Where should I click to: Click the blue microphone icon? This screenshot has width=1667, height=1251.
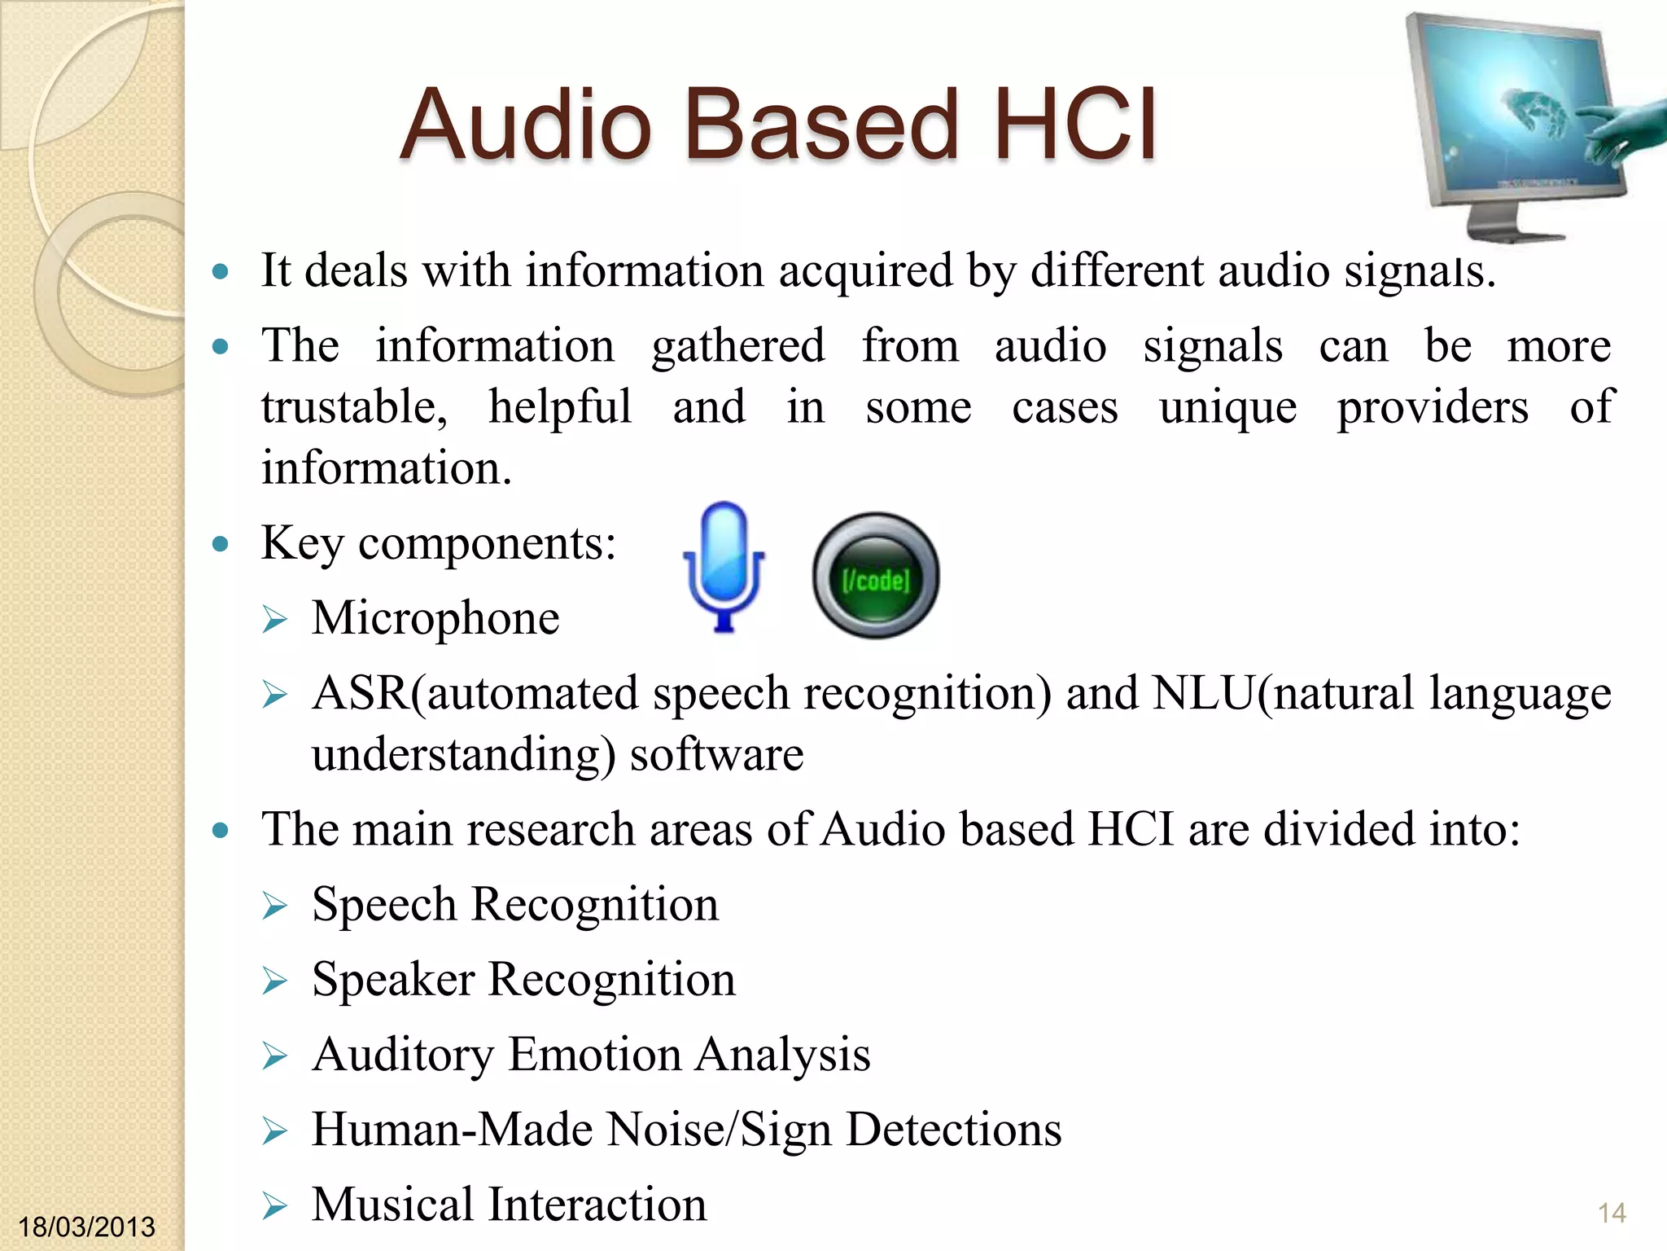click(x=723, y=566)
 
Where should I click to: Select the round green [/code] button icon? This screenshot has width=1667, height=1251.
click(x=876, y=576)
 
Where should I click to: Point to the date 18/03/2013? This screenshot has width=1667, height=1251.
click(x=86, y=1227)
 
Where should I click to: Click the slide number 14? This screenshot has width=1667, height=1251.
click(x=1612, y=1213)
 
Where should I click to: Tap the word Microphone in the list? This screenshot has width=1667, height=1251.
click(x=435, y=618)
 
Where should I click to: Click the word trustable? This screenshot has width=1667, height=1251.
click(x=354, y=407)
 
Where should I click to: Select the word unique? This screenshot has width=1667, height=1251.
click(x=1227, y=407)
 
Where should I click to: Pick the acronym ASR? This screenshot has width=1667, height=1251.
click(x=361, y=694)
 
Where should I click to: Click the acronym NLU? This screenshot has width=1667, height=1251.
click(x=1205, y=694)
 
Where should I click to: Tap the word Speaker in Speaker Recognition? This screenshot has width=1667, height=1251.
click(x=393, y=980)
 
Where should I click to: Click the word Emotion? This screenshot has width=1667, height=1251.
click(x=595, y=1055)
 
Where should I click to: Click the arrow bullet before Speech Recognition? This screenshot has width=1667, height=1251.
click(x=275, y=906)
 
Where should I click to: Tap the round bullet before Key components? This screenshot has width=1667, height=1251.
click(x=220, y=543)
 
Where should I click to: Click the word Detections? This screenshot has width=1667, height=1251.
click(x=954, y=1130)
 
